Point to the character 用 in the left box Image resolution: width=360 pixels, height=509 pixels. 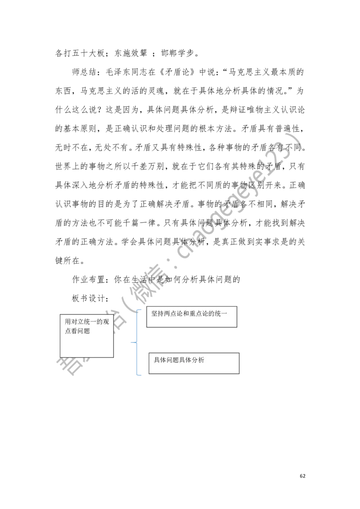point(68,322)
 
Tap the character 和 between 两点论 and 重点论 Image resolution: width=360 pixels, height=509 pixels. point(187,313)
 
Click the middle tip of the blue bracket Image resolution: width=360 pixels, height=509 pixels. point(132,344)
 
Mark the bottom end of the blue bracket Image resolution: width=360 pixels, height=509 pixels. point(140,375)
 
